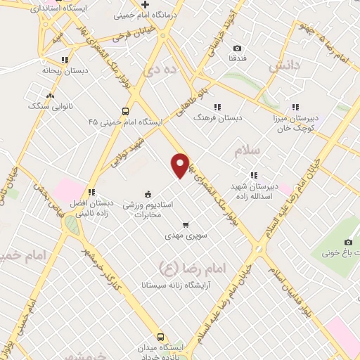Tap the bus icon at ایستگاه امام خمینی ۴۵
click(x=125, y=110)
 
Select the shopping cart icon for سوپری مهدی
click(x=186, y=225)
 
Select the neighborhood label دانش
click(x=284, y=64)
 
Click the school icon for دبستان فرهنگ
click(x=217, y=107)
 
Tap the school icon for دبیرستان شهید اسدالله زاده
click(x=252, y=176)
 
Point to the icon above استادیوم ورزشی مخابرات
click(x=148, y=193)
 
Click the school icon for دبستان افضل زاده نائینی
click(x=91, y=192)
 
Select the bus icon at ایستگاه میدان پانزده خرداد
click(x=160, y=337)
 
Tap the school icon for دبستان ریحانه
click(x=65, y=60)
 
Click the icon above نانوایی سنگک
click(x=49, y=95)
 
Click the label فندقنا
click(x=236, y=58)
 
